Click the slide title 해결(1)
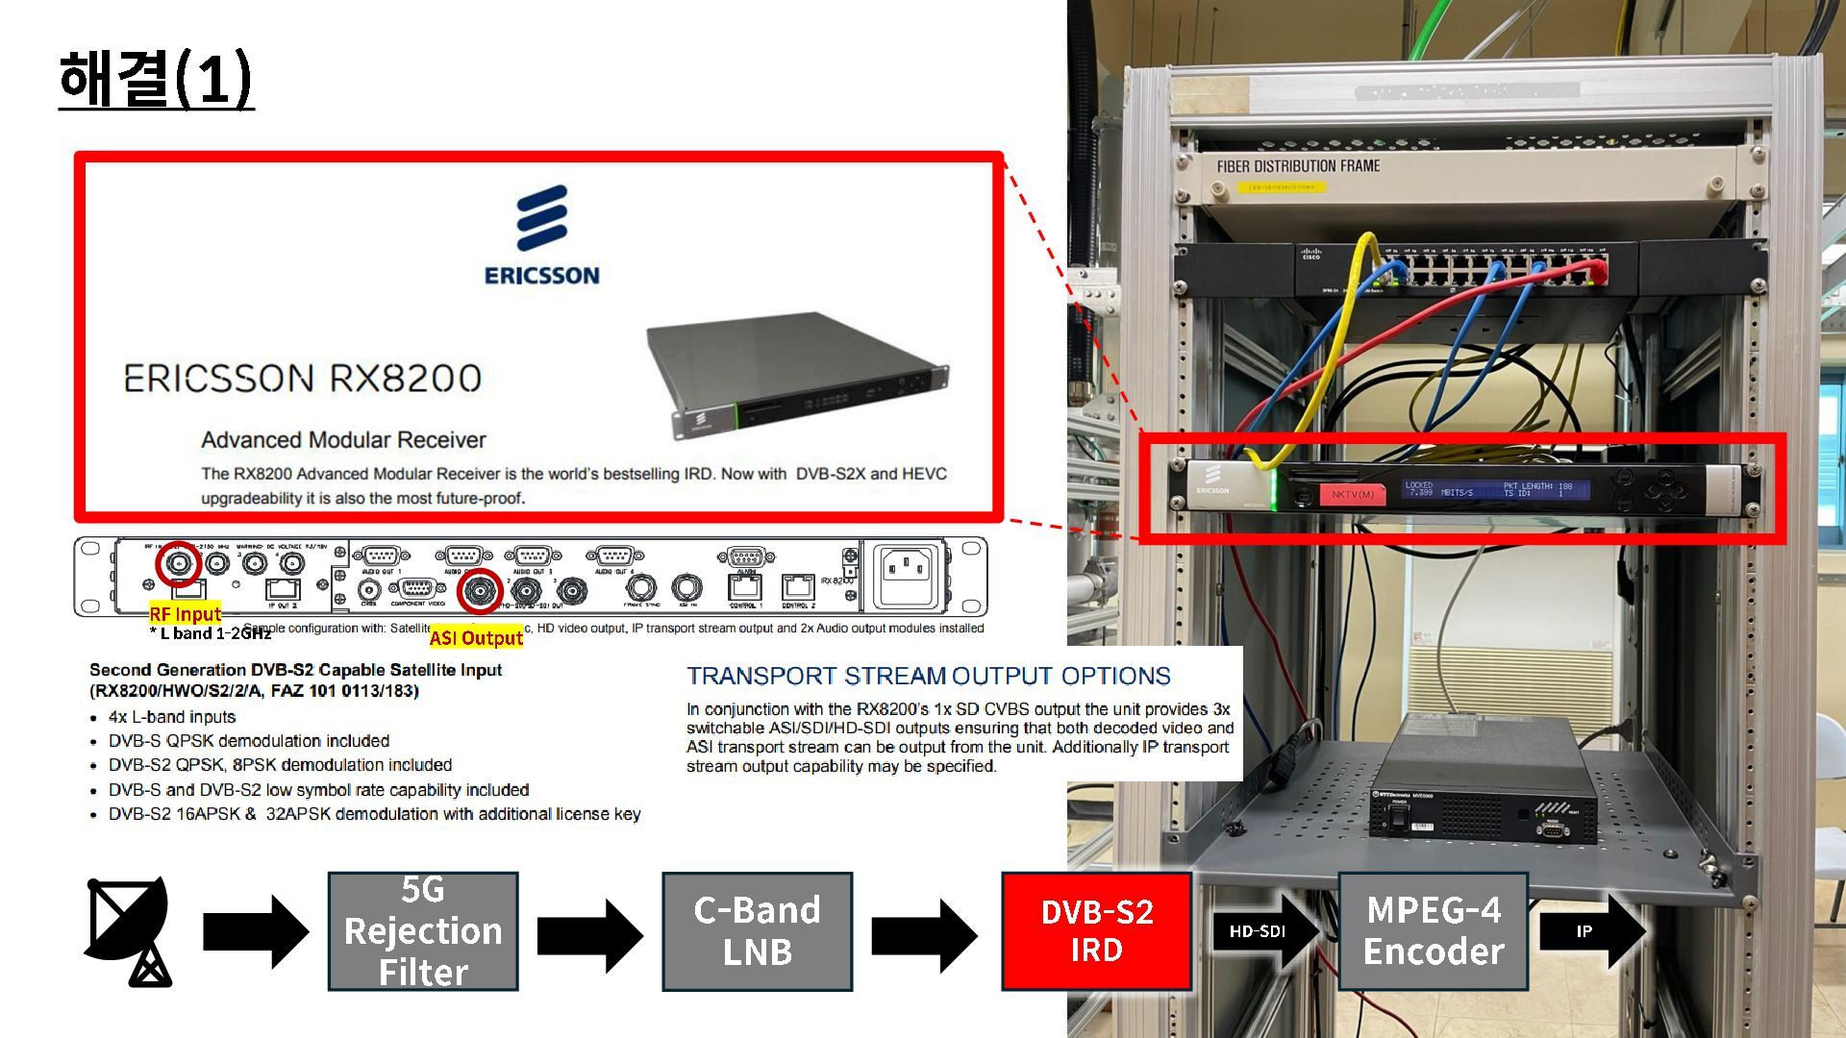(156, 79)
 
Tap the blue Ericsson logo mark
(542, 219)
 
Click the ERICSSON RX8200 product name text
(302, 379)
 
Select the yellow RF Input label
(185, 613)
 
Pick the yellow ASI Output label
(476, 637)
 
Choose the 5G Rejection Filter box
(423, 930)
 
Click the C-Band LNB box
(757, 930)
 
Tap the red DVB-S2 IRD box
(1096, 930)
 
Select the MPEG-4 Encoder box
(1433, 930)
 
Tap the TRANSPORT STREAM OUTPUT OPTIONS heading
(928, 676)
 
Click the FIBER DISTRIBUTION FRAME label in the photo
(1298, 166)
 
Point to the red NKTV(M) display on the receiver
(1353, 494)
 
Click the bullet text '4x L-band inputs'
(172, 717)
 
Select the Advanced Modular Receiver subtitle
(343, 440)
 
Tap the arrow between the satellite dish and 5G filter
(255, 930)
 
